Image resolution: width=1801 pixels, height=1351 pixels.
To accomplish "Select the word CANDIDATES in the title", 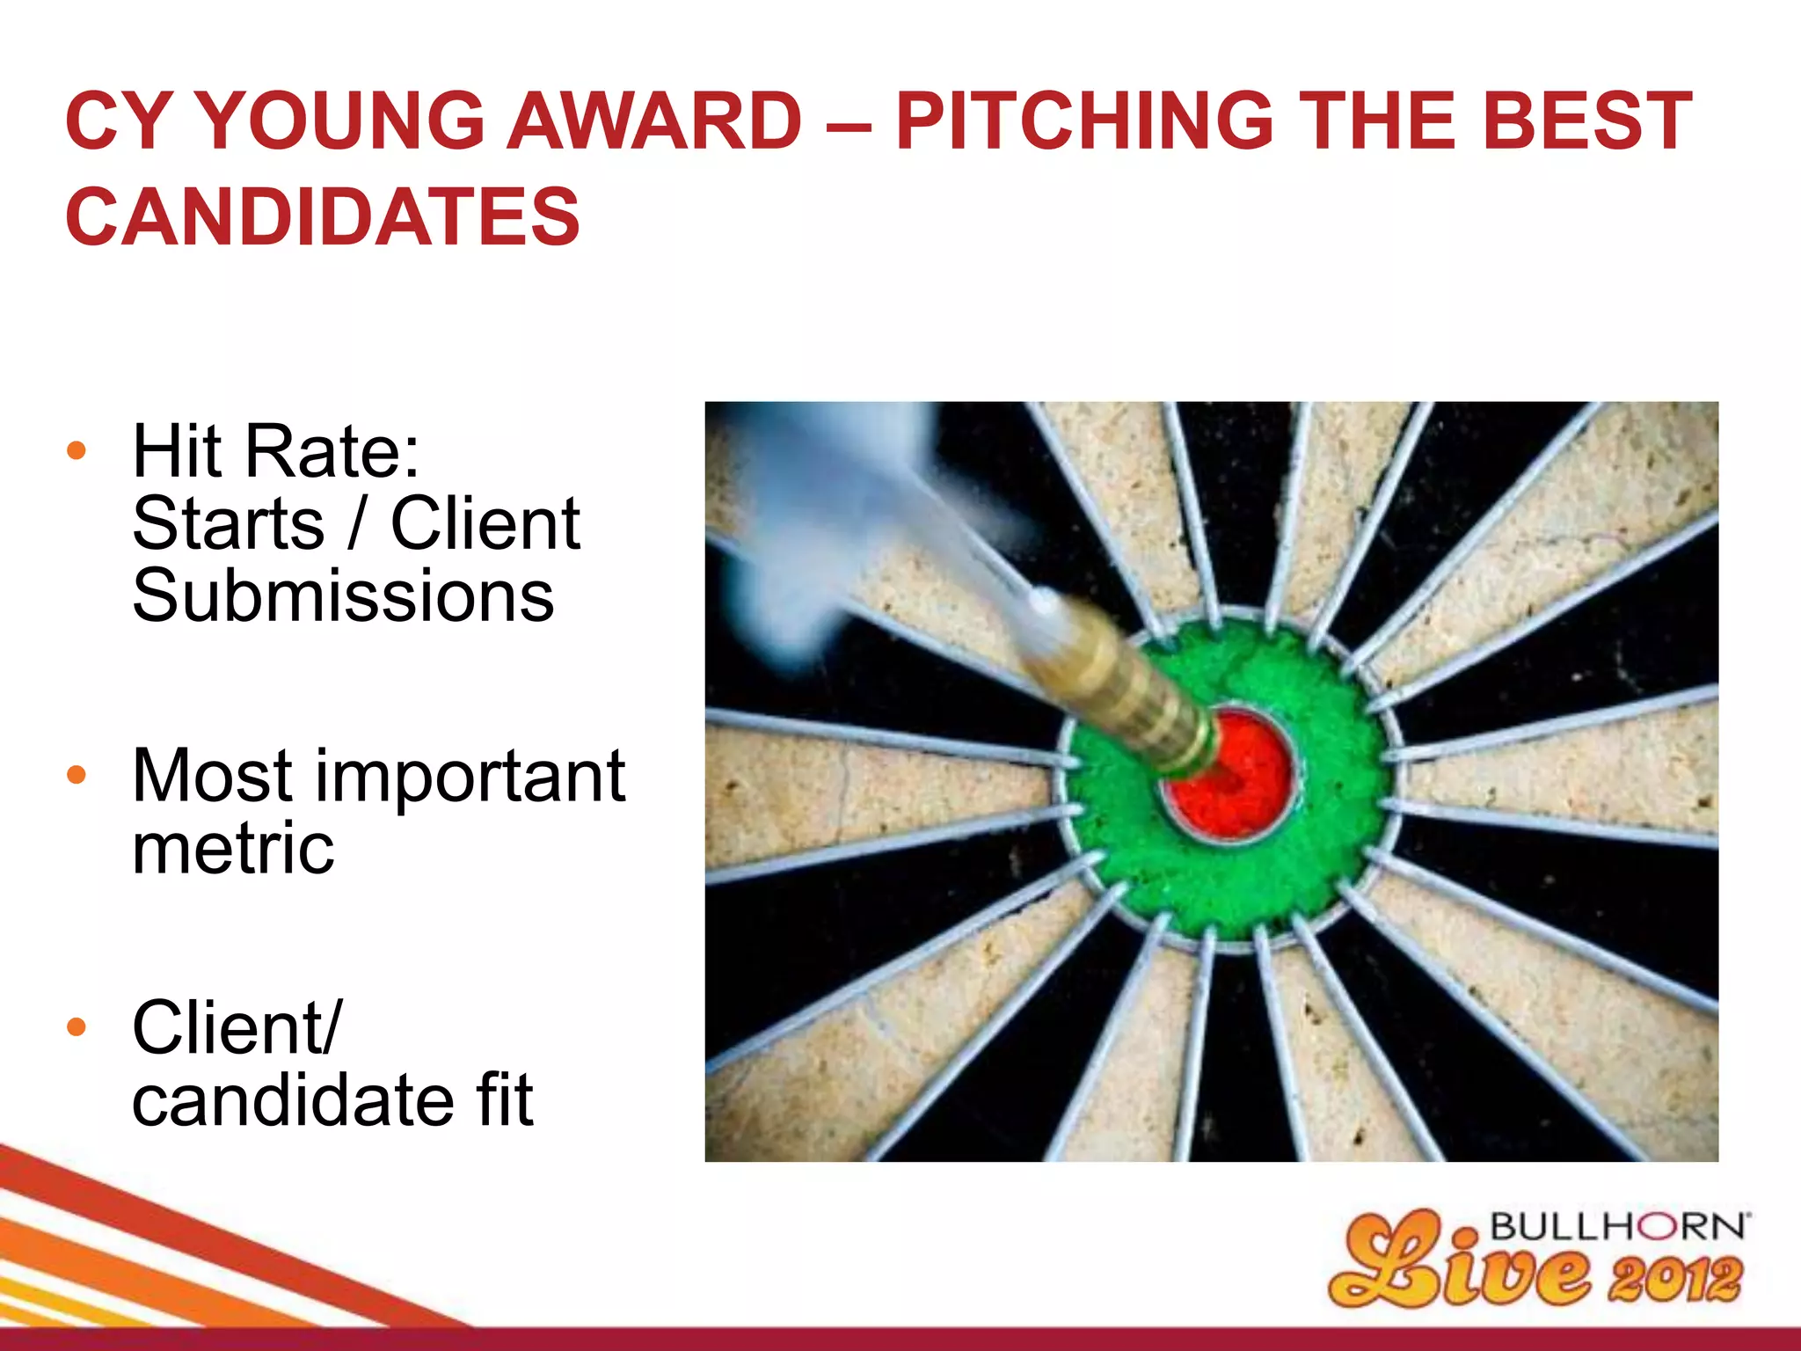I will [x=322, y=216].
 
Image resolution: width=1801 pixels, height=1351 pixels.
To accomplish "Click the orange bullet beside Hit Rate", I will [x=77, y=451].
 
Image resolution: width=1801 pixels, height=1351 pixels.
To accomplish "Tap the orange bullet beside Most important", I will [x=77, y=775].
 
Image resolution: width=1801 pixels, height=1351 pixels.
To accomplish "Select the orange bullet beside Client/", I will [x=77, y=1026].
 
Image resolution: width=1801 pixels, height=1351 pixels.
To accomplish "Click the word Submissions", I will [x=343, y=596].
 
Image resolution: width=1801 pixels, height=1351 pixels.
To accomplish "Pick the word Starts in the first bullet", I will [x=229, y=524].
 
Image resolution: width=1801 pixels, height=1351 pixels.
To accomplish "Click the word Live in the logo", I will [x=1460, y=1267].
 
